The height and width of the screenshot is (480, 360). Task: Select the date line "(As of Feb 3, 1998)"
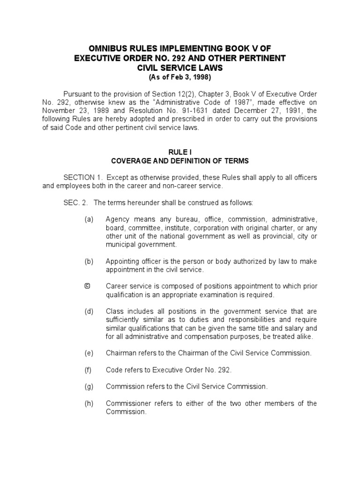[x=180, y=77]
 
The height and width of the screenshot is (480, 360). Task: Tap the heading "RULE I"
[x=180, y=152]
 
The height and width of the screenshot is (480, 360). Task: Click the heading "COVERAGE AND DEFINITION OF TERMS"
[x=180, y=161]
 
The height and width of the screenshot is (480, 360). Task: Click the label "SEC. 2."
[x=75, y=202]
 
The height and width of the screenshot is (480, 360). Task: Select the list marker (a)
[x=89, y=219]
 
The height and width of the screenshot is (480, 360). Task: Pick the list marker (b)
[x=89, y=261]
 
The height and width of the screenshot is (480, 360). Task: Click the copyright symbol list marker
[x=88, y=286]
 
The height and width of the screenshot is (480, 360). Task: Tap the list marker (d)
[x=89, y=311]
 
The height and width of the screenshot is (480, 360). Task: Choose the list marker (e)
[x=89, y=353]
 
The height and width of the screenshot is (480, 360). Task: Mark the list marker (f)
[x=89, y=370]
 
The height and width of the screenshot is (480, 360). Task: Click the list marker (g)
[x=89, y=387]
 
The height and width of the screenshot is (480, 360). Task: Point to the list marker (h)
[x=89, y=403]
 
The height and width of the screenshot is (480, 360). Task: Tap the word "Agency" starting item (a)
[x=117, y=219]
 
